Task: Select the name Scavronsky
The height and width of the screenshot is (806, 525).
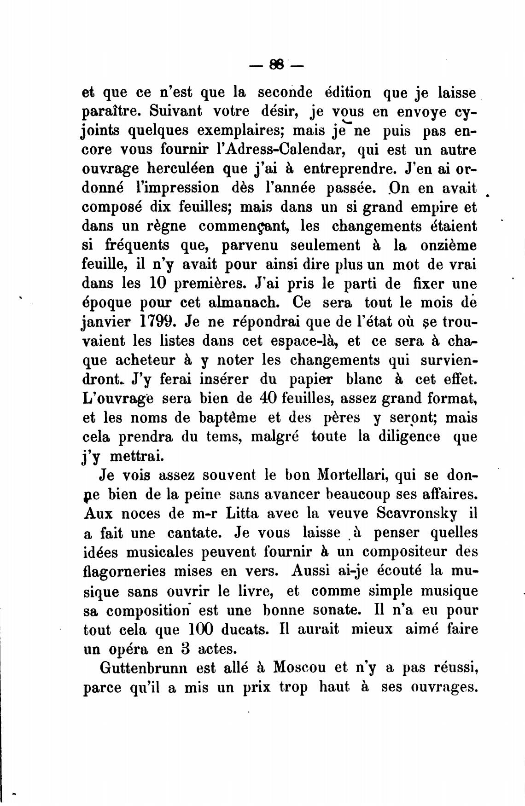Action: pos(417,513)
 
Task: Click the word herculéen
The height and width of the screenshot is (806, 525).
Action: pos(172,169)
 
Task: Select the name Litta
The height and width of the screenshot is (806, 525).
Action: pos(249,513)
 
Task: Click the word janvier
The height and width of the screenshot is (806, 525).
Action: pos(105,322)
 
